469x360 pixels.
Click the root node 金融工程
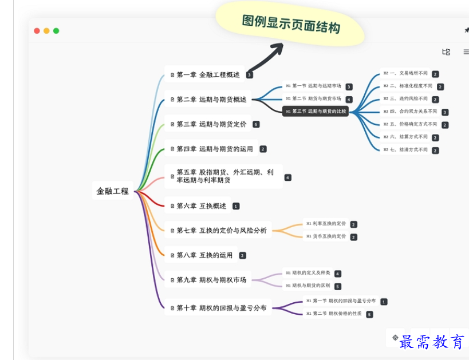tap(112, 191)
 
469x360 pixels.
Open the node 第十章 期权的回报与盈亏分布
tap(217, 308)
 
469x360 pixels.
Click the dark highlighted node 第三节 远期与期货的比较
tap(316, 111)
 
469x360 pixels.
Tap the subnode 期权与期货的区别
tap(308, 286)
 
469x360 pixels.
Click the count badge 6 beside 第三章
tap(256, 124)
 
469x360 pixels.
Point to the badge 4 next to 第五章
tap(288, 177)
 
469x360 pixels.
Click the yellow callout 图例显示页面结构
tap(290, 25)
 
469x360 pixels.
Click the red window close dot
tap(37, 31)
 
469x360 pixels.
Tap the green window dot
tap(56, 31)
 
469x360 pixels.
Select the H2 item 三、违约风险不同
tap(405, 98)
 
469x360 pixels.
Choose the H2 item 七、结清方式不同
tap(405, 150)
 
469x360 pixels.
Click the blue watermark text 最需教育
tap(432, 342)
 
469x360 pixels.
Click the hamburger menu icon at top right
tap(466, 52)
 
